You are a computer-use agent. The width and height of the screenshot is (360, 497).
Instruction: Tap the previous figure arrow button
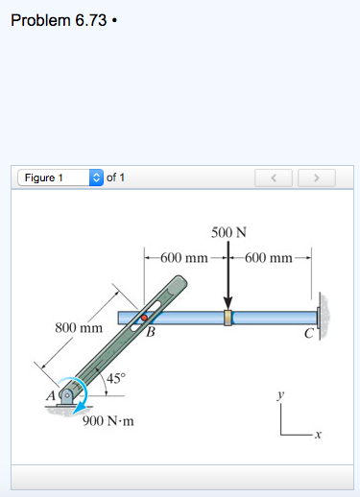[x=274, y=177]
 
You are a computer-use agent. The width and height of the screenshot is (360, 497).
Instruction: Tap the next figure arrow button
[x=317, y=177]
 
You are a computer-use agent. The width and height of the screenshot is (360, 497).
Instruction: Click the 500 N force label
[x=228, y=232]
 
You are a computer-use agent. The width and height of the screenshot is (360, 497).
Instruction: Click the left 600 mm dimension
[x=184, y=257]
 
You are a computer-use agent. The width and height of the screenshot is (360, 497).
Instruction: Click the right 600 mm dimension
[x=270, y=257]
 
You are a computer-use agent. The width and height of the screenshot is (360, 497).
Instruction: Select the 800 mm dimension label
[x=78, y=327]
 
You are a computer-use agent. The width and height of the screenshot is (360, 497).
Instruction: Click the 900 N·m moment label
[x=108, y=420]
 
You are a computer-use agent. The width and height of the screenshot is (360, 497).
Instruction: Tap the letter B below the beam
[x=151, y=333]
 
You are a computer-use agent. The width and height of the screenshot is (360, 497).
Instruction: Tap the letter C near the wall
[x=307, y=333]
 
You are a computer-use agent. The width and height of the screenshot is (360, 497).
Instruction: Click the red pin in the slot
[x=144, y=318]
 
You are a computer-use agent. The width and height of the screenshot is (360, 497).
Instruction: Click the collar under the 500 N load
[x=228, y=318]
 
